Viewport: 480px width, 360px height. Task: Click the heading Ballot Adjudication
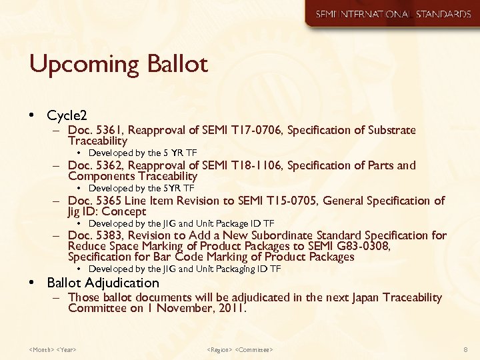[103, 283]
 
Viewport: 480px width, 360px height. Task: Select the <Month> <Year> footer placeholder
[53, 349]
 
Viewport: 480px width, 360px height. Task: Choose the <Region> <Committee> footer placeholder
[240, 349]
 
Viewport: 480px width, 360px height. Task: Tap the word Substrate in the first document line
[390, 130]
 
